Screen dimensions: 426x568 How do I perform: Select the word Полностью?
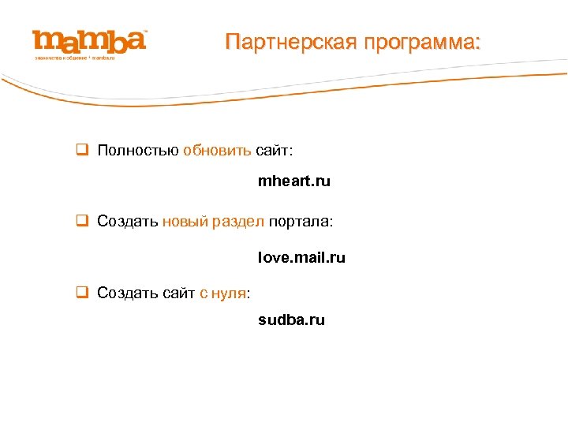tap(138, 151)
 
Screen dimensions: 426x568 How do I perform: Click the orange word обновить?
tap(217, 151)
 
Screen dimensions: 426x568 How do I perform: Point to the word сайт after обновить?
tap(274, 151)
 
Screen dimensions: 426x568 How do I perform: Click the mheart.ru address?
tap(294, 181)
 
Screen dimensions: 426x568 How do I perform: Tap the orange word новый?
tap(185, 222)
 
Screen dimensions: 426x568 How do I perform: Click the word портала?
tap(301, 222)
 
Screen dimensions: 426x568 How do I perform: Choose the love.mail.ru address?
tap(301, 258)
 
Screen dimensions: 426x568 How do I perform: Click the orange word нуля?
tap(229, 293)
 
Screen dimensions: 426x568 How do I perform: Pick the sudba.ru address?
tap(291, 320)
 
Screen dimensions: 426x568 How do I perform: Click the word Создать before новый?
tap(128, 222)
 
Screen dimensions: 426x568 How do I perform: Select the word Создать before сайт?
tap(128, 293)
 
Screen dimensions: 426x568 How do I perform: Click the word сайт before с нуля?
tap(177, 293)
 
